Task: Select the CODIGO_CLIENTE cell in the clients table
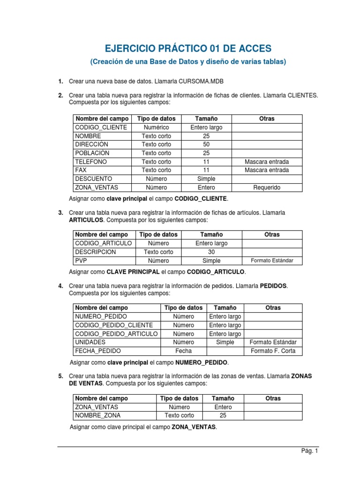pyautogui.click(x=100, y=127)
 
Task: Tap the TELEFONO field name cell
pyautogui.click(x=91, y=162)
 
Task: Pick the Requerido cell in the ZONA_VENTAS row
pyautogui.click(x=266, y=187)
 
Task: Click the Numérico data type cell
pyautogui.click(x=156, y=127)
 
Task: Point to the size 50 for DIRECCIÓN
pyautogui.click(x=206, y=144)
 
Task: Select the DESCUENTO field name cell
pyautogui.click(x=93, y=179)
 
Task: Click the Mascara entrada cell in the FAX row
pyautogui.click(x=266, y=170)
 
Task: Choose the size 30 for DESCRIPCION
pyautogui.click(x=211, y=252)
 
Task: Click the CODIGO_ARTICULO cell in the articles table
pyautogui.click(x=103, y=243)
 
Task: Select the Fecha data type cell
pyautogui.click(x=183, y=351)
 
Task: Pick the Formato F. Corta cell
pyautogui.click(x=273, y=351)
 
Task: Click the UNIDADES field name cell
pyautogui.click(x=90, y=342)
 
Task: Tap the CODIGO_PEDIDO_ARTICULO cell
pyautogui.click(x=116, y=334)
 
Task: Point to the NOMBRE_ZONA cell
pyautogui.click(x=97, y=415)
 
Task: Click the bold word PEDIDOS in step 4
pyautogui.click(x=273, y=285)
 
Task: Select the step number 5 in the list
pyautogui.click(x=60, y=376)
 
